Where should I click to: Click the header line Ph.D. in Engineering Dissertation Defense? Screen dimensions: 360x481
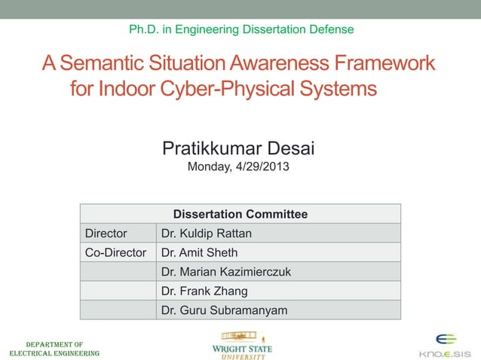click(x=240, y=29)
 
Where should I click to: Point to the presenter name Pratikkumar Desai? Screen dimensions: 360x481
click(x=238, y=149)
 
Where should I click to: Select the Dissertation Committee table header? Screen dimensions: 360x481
click(x=240, y=214)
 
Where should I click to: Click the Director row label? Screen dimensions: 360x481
click(x=106, y=233)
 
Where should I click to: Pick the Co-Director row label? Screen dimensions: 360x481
click(x=115, y=252)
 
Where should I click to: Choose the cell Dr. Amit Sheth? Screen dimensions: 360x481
click(x=199, y=252)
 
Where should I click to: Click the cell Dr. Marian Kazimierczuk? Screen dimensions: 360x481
click(x=225, y=271)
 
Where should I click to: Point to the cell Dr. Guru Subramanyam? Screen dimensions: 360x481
click(x=224, y=310)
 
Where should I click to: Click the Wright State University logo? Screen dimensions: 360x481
click(x=243, y=345)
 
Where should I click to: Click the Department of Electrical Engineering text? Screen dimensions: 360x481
click(x=54, y=348)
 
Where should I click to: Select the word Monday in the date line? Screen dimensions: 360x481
click(x=209, y=167)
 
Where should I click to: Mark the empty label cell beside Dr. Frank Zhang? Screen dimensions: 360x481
click(x=118, y=291)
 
